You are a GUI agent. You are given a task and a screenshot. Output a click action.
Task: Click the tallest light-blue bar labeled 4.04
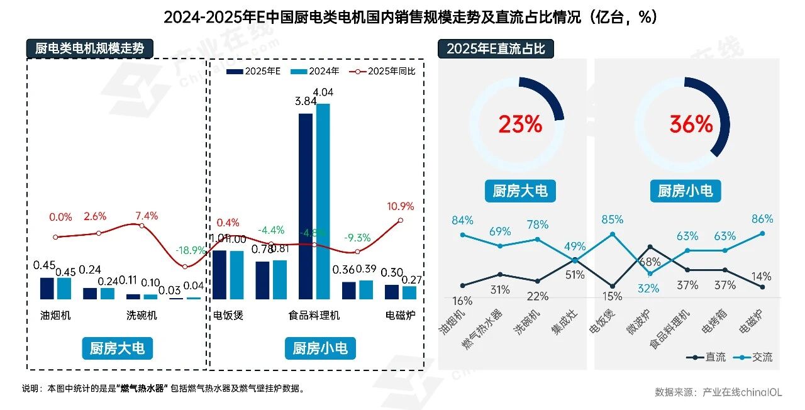(x=323, y=201)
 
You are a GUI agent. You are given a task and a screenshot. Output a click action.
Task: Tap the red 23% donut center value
(x=520, y=125)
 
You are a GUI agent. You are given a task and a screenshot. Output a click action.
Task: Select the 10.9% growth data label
(x=400, y=206)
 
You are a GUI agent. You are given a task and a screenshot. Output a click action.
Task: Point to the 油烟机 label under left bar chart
(x=55, y=315)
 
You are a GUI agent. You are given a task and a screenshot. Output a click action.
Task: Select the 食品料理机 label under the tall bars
(x=314, y=315)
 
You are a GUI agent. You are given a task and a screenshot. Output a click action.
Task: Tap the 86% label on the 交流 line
(x=762, y=219)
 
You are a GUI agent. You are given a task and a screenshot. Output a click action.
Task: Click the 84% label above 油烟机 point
(x=462, y=220)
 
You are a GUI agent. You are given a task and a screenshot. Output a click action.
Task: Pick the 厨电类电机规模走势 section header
(x=89, y=48)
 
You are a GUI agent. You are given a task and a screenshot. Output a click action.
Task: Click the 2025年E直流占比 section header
(x=496, y=48)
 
